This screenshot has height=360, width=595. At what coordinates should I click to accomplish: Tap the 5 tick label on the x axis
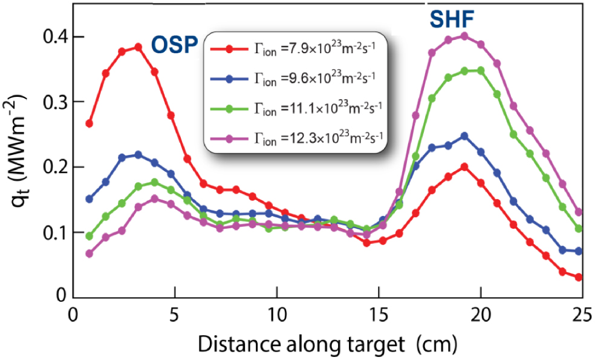[175, 316]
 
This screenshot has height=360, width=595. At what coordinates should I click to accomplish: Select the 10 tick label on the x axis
[276, 316]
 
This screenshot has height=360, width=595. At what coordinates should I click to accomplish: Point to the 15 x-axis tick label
[379, 316]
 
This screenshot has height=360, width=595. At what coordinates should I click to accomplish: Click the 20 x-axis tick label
[480, 316]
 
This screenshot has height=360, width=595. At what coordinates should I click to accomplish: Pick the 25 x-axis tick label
[582, 316]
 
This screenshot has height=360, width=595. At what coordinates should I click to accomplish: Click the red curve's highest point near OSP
[138, 47]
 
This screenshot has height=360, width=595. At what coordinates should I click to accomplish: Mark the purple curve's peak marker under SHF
[464, 36]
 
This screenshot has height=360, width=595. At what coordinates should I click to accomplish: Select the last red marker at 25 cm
[579, 277]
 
